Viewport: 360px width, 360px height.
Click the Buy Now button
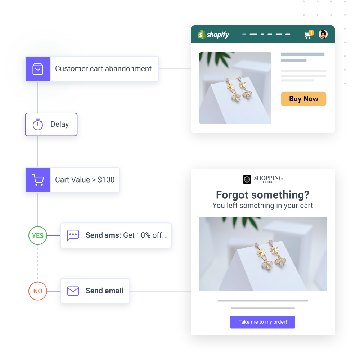click(303, 99)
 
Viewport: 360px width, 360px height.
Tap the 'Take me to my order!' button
click(263, 322)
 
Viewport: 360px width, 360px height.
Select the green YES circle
click(38, 235)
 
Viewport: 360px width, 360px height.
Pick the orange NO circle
click(38, 291)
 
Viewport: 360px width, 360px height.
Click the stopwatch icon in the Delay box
click(38, 125)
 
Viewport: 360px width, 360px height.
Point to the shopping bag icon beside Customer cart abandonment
click(38, 69)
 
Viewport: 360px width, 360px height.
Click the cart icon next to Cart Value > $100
click(38, 180)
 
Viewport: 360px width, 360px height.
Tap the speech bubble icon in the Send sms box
click(73, 235)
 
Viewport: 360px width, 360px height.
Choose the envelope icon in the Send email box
click(73, 291)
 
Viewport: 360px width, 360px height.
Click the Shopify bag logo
click(201, 34)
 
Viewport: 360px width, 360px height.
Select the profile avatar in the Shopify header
click(323, 34)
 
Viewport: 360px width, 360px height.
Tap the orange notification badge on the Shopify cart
click(311, 33)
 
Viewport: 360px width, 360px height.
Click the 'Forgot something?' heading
click(263, 195)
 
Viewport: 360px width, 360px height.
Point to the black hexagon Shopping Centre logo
click(247, 179)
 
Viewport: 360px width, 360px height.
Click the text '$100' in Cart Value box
click(106, 180)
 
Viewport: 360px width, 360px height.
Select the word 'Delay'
click(59, 124)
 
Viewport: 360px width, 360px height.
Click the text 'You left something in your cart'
click(263, 206)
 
